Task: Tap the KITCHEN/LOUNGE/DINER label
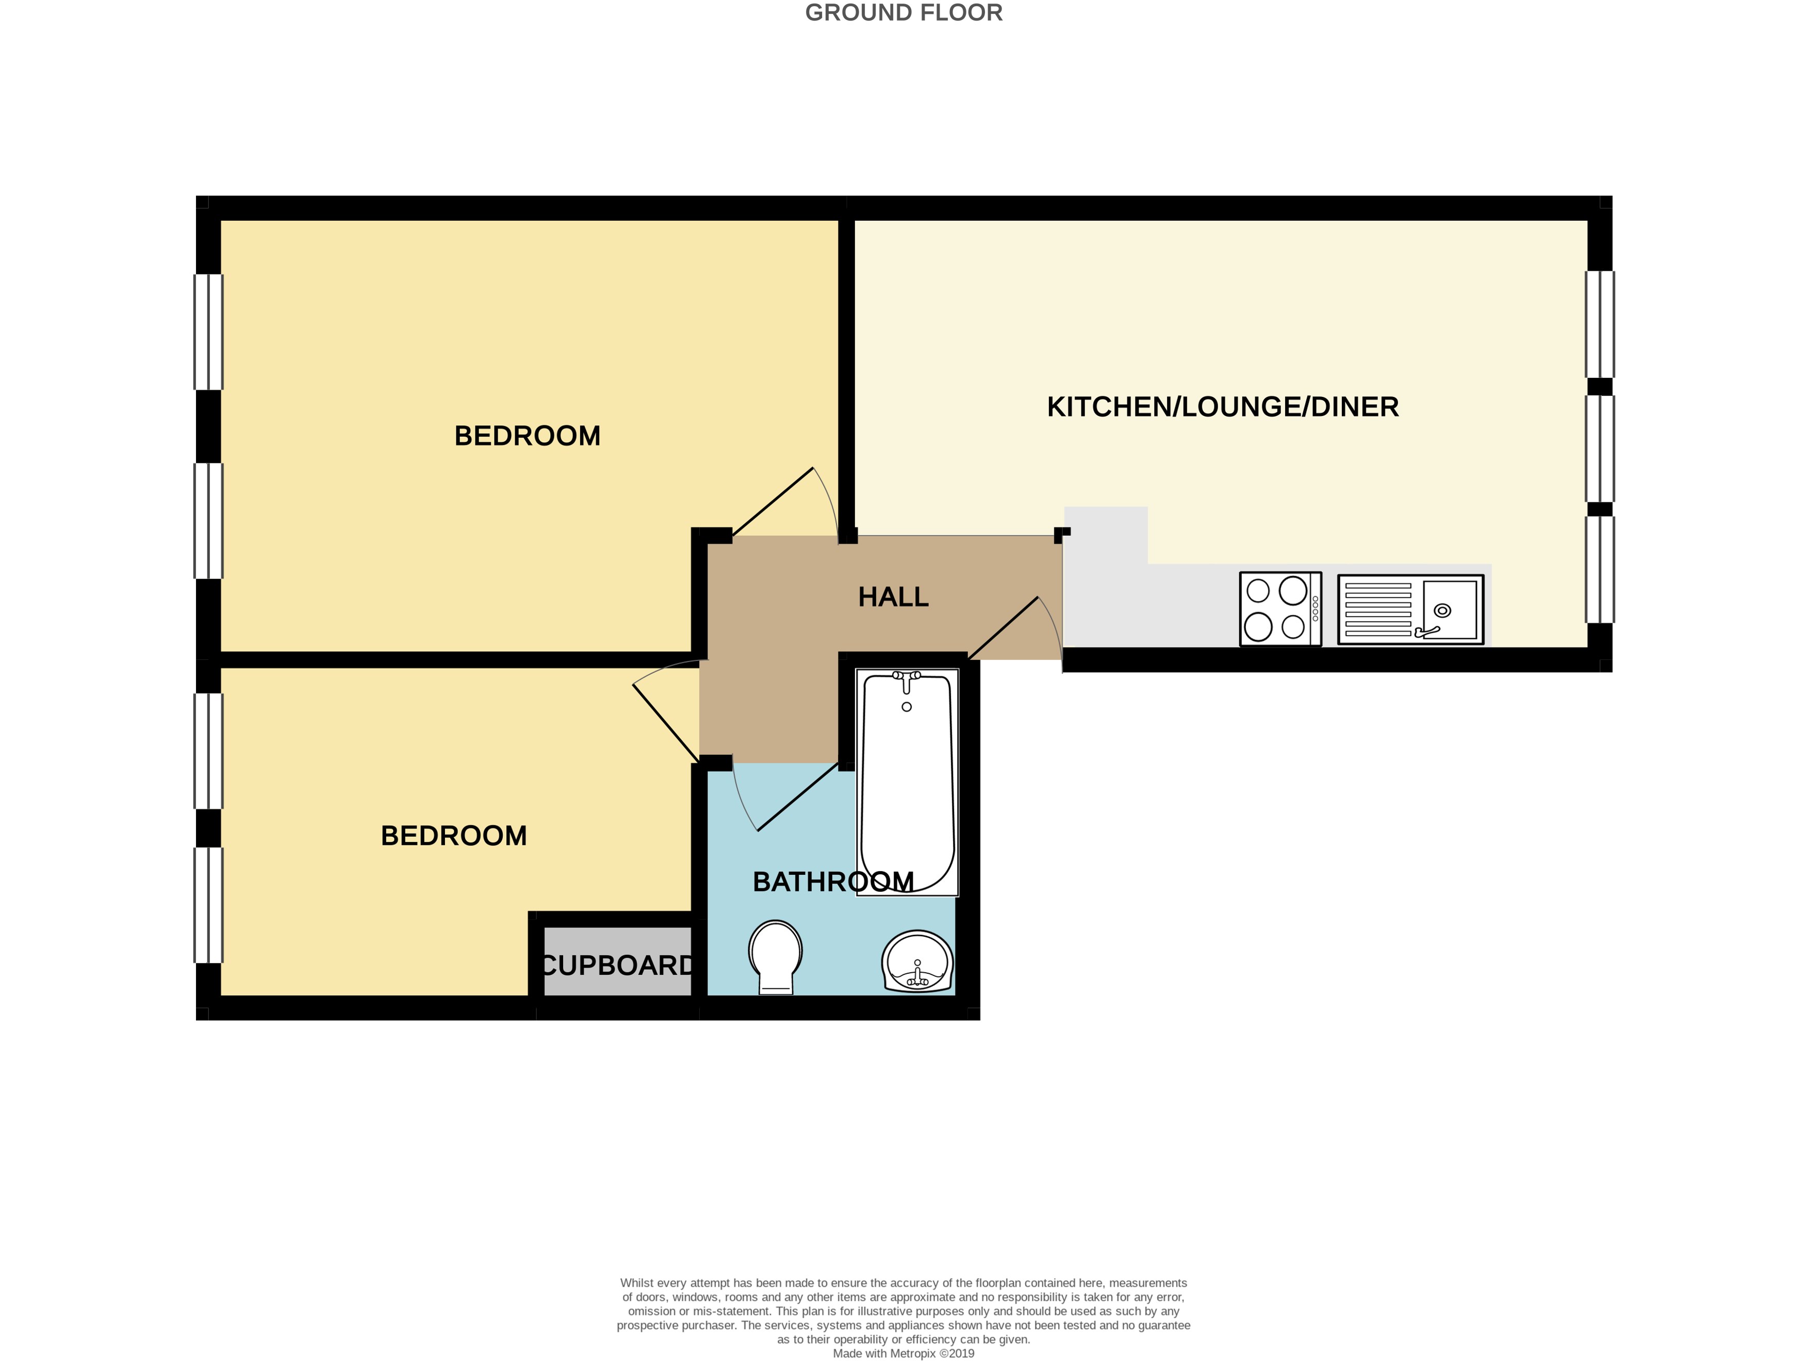(1223, 407)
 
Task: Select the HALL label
(893, 597)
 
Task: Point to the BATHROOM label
(833, 882)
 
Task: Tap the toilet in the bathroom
(776, 957)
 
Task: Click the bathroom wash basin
(917, 961)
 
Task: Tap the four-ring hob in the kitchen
(1280, 609)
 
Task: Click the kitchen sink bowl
(1450, 609)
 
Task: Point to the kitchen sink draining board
(1378, 609)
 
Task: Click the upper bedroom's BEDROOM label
(527, 436)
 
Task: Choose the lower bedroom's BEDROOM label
(454, 836)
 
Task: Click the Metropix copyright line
(903, 1354)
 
